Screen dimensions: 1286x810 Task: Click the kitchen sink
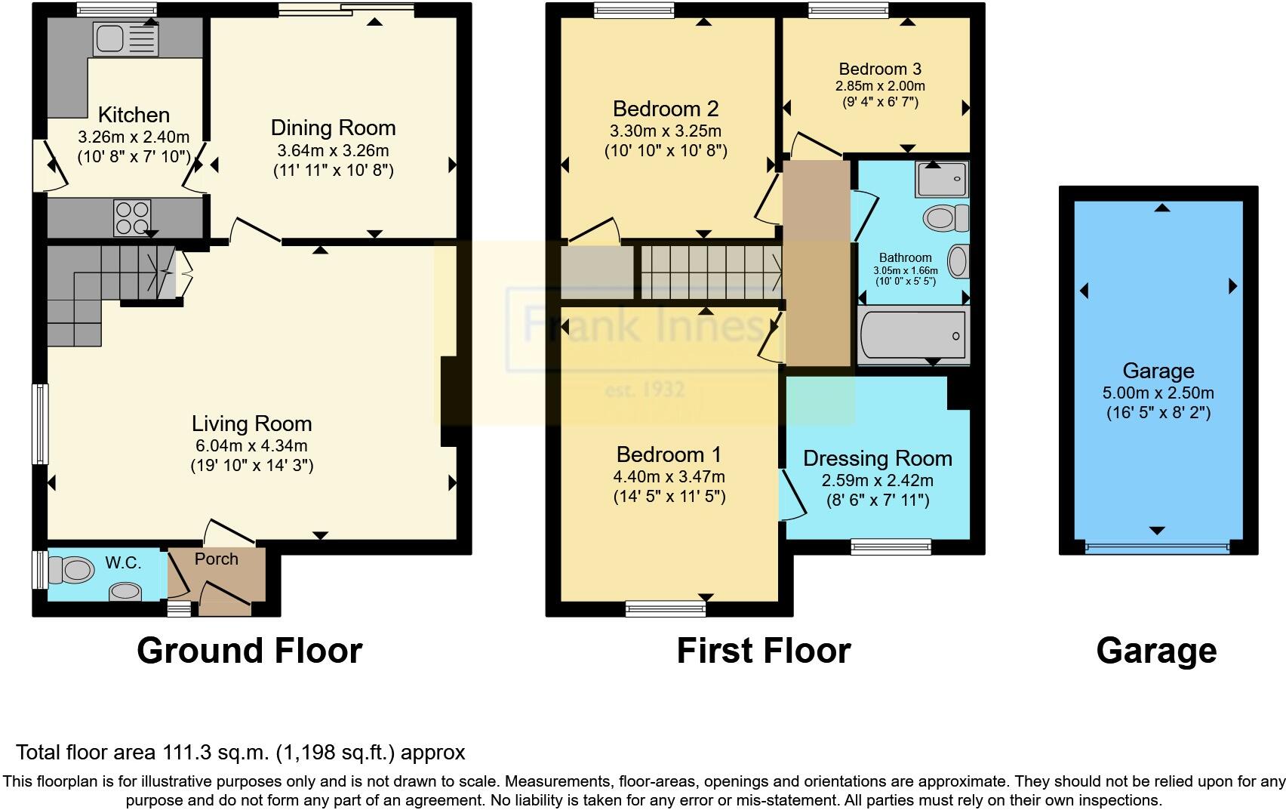click(125, 39)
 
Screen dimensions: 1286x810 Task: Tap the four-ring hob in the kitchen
click(132, 217)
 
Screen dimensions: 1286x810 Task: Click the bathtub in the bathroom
click(913, 335)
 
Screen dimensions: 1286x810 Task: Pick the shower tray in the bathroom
click(942, 179)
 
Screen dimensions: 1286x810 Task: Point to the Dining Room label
click(334, 128)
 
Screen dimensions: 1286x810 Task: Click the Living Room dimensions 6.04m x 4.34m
click(251, 445)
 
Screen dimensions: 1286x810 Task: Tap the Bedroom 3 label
click(880, 69)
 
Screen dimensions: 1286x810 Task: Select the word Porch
click(217, 559)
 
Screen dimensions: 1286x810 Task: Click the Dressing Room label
click(878, 459)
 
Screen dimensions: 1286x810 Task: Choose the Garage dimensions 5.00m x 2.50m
click(1158, 393)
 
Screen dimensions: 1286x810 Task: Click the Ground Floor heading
click(250, 651)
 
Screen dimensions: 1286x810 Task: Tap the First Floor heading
click(764, 651)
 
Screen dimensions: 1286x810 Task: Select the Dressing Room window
click(891, 547)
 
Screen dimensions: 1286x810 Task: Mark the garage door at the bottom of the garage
click(1158, 547)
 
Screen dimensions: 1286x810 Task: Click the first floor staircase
click(711, 273)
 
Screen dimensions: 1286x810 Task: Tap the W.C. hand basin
click(125, 591)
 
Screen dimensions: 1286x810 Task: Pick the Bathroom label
click(906, 257)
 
